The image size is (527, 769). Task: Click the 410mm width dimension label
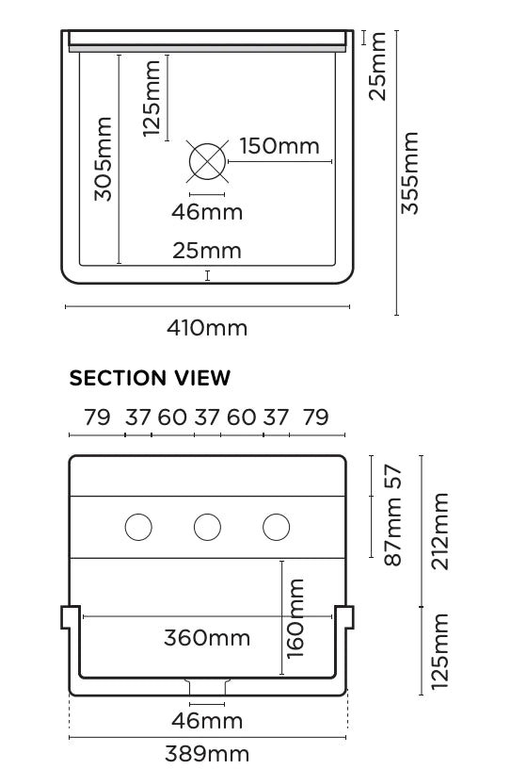point(207,328)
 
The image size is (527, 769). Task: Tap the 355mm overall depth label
point(410,172)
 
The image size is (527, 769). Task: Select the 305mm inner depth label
point(104,159)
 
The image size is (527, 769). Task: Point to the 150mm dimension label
point(279,146)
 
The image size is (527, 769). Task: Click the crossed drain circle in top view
point(207,161)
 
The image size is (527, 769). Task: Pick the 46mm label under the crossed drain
point(207,212)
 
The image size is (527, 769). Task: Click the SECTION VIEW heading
point(150,378)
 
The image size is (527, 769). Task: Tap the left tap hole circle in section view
point(138,527)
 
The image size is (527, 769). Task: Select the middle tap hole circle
point(207,527)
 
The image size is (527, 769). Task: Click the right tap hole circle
point(277,527)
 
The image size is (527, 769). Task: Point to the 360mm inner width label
point(207,638)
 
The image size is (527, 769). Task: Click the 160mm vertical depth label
point(295,618)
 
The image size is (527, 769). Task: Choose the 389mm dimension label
point(207,753)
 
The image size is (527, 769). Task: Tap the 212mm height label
point(439,532)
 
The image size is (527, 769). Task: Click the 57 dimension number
point(393,477)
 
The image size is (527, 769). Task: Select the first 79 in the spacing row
point(97,417)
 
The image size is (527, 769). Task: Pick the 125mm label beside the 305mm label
point(152,99)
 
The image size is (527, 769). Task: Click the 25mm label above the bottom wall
point(207,251)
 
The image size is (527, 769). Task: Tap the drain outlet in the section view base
point(207,687)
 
